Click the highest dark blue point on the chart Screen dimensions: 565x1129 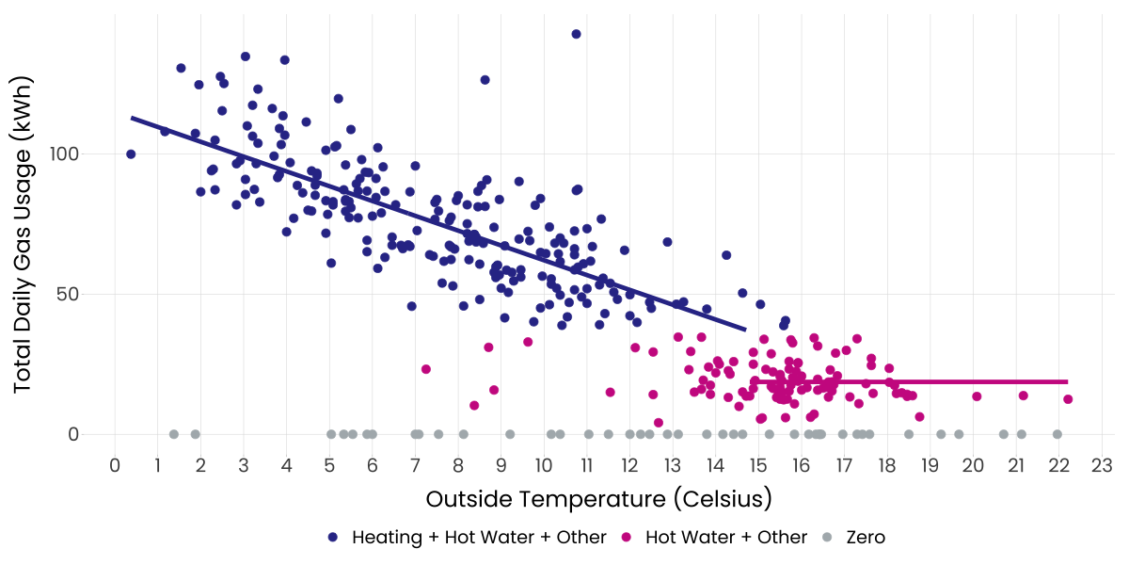[576, 34]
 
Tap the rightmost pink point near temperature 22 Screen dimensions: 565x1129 [1068, 399]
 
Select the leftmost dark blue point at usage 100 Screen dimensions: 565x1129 [131, 154]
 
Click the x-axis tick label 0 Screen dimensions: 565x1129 [115, 465]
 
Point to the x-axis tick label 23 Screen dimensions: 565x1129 [1102, 465]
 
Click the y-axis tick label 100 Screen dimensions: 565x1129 [80, 153]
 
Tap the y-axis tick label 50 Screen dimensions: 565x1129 [86, 294]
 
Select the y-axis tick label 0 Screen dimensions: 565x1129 [91, 434]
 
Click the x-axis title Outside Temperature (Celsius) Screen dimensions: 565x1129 [598, 497]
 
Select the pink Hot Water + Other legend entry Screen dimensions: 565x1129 [726, 538]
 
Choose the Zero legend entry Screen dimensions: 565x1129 [866, 538]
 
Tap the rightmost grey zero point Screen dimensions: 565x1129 [1057, 434]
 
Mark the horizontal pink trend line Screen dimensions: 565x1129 [941, 381]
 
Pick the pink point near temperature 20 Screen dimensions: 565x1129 [977, 396]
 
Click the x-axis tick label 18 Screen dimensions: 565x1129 [887, 465]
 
